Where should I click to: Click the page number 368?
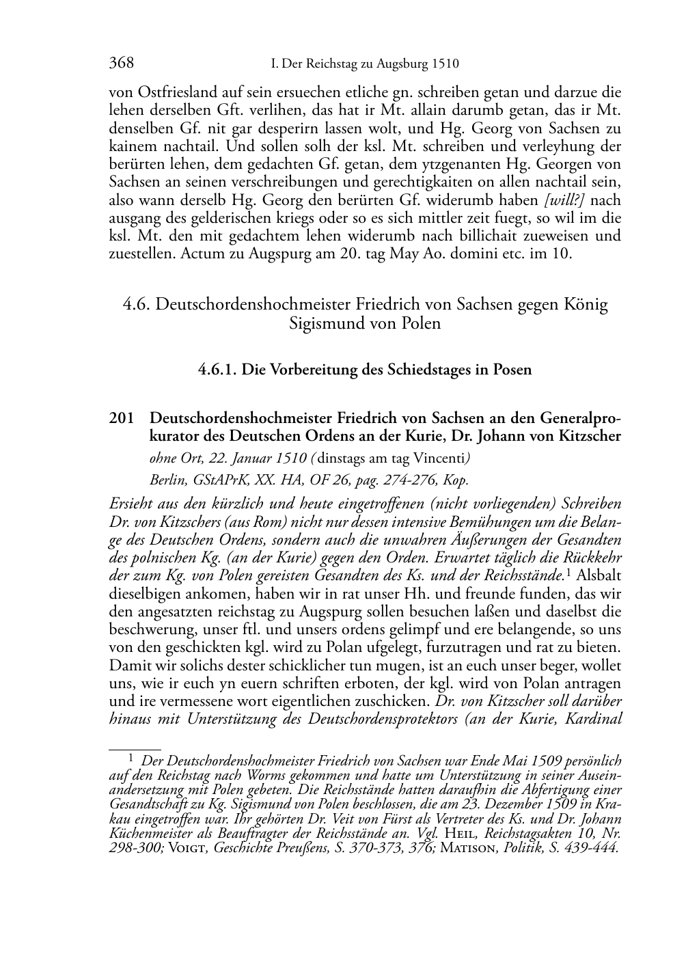121,64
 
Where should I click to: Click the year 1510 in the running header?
445,64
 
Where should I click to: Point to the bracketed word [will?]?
564,200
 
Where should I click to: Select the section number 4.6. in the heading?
137,304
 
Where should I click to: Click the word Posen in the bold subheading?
511,370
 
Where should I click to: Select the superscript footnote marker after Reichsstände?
567,572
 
